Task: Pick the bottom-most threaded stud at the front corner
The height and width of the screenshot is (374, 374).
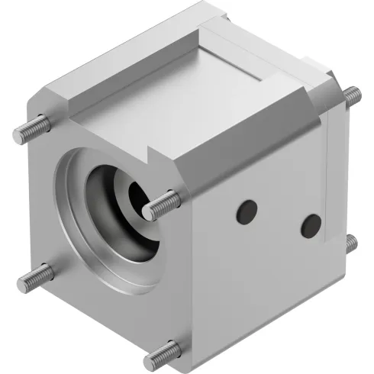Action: [x=163, y=353]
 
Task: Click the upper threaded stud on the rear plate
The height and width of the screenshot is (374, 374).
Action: [x=352, y=95]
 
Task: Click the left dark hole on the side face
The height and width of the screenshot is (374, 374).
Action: [x=246, y=211]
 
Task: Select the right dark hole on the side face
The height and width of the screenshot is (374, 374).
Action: [x=311, y=225]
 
